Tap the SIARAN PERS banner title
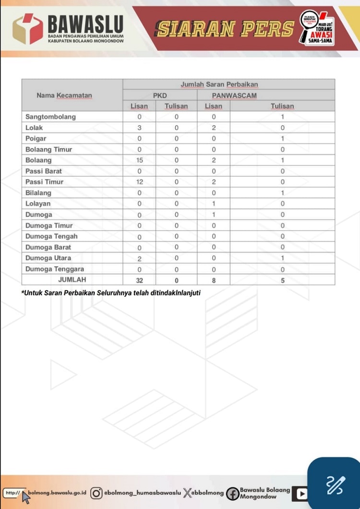coord(225,29)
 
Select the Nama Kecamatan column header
coord(64,95)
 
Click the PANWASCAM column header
coord(234,95)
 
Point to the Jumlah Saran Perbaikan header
coord(219,84)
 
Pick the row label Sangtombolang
coord(50,117)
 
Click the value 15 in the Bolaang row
coord(139,160)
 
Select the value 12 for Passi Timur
coord(139,182)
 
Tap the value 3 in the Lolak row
coord(139,128)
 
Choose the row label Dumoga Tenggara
coord(55,269)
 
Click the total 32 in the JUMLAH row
coord(139,280)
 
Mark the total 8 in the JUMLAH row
coord(214,280)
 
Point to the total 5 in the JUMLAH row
coord(283,280)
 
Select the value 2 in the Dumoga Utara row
coord(139,258)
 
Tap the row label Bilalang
coord(38,193)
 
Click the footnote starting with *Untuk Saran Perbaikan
coord(111,293)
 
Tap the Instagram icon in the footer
coord(96,493)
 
